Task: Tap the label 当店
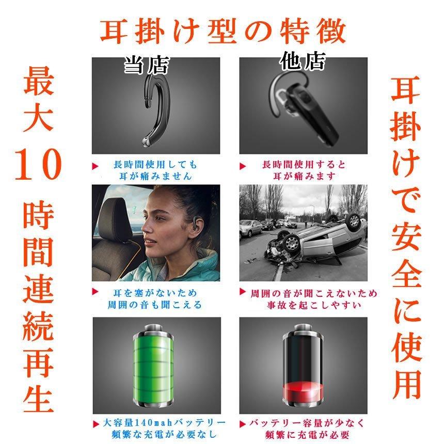click(x=146, y=66)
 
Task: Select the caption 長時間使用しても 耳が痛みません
click(x=155, y=170)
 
